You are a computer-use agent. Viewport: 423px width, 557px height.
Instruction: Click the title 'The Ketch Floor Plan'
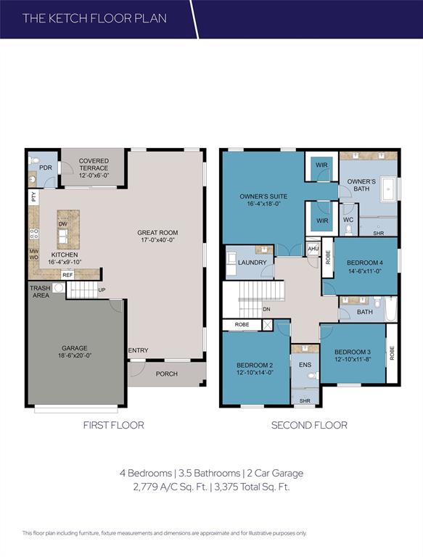(94, 17)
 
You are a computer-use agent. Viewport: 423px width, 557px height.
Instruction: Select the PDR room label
(45, 168)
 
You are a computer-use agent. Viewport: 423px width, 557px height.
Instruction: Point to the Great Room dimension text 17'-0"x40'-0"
(157, 243)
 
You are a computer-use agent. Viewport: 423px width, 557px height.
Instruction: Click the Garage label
(75, 347)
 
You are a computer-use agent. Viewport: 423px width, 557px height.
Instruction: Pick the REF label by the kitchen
(67, 275)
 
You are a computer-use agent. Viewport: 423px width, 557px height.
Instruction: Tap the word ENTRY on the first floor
(138, 351)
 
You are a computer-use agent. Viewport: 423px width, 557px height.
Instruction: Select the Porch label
(168, 374)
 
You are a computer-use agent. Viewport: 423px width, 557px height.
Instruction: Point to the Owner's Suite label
(264, 197)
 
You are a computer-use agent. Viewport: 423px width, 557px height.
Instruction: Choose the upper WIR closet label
(322, 165)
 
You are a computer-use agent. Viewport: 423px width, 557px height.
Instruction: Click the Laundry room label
(252, 263)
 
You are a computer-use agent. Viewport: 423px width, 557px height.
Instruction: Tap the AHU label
(313, 249)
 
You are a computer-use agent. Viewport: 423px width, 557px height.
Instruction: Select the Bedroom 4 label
(365, 262)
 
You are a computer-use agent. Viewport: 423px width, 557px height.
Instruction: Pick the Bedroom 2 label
(255, 364)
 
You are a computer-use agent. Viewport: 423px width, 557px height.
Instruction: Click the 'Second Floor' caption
(309, 425)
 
